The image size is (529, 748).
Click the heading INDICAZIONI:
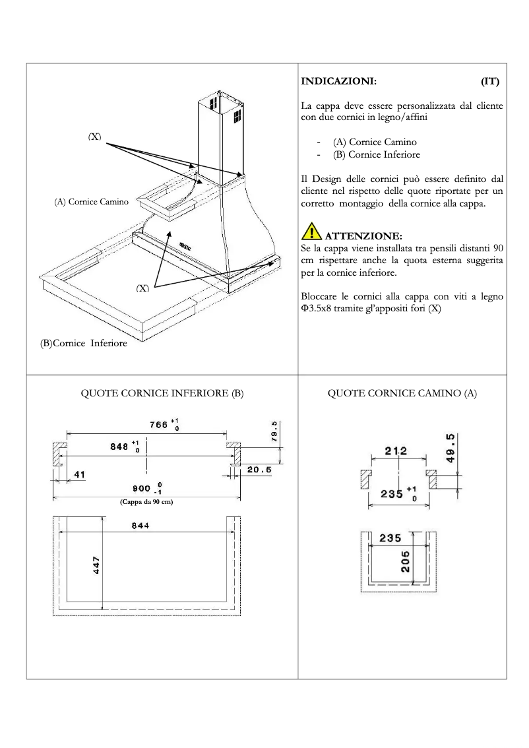pyautogui.click(x=338, y=82)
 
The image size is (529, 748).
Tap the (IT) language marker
pyautogui.click(x=489, y=82)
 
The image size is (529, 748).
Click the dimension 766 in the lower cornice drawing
pyautogui.click(x=159, y=425)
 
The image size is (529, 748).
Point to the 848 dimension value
pyautogui.click(x=119, y=446)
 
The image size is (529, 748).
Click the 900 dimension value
pyautogui.click(x=142, y=488)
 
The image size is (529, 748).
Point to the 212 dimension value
pyautogui.click(x=396, y=451)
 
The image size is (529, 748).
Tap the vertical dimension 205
pyautogui.click(x=405, y=561)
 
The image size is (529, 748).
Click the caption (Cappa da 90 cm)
pyautogui.click(x=146, y=502)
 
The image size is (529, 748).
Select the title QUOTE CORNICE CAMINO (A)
pyautogui.click(x=402, y=393)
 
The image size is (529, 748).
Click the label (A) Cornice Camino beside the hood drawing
pyautogui.click(x=91, y=202)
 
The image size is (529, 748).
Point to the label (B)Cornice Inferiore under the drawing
pyautogui.click(x=83, y=344)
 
